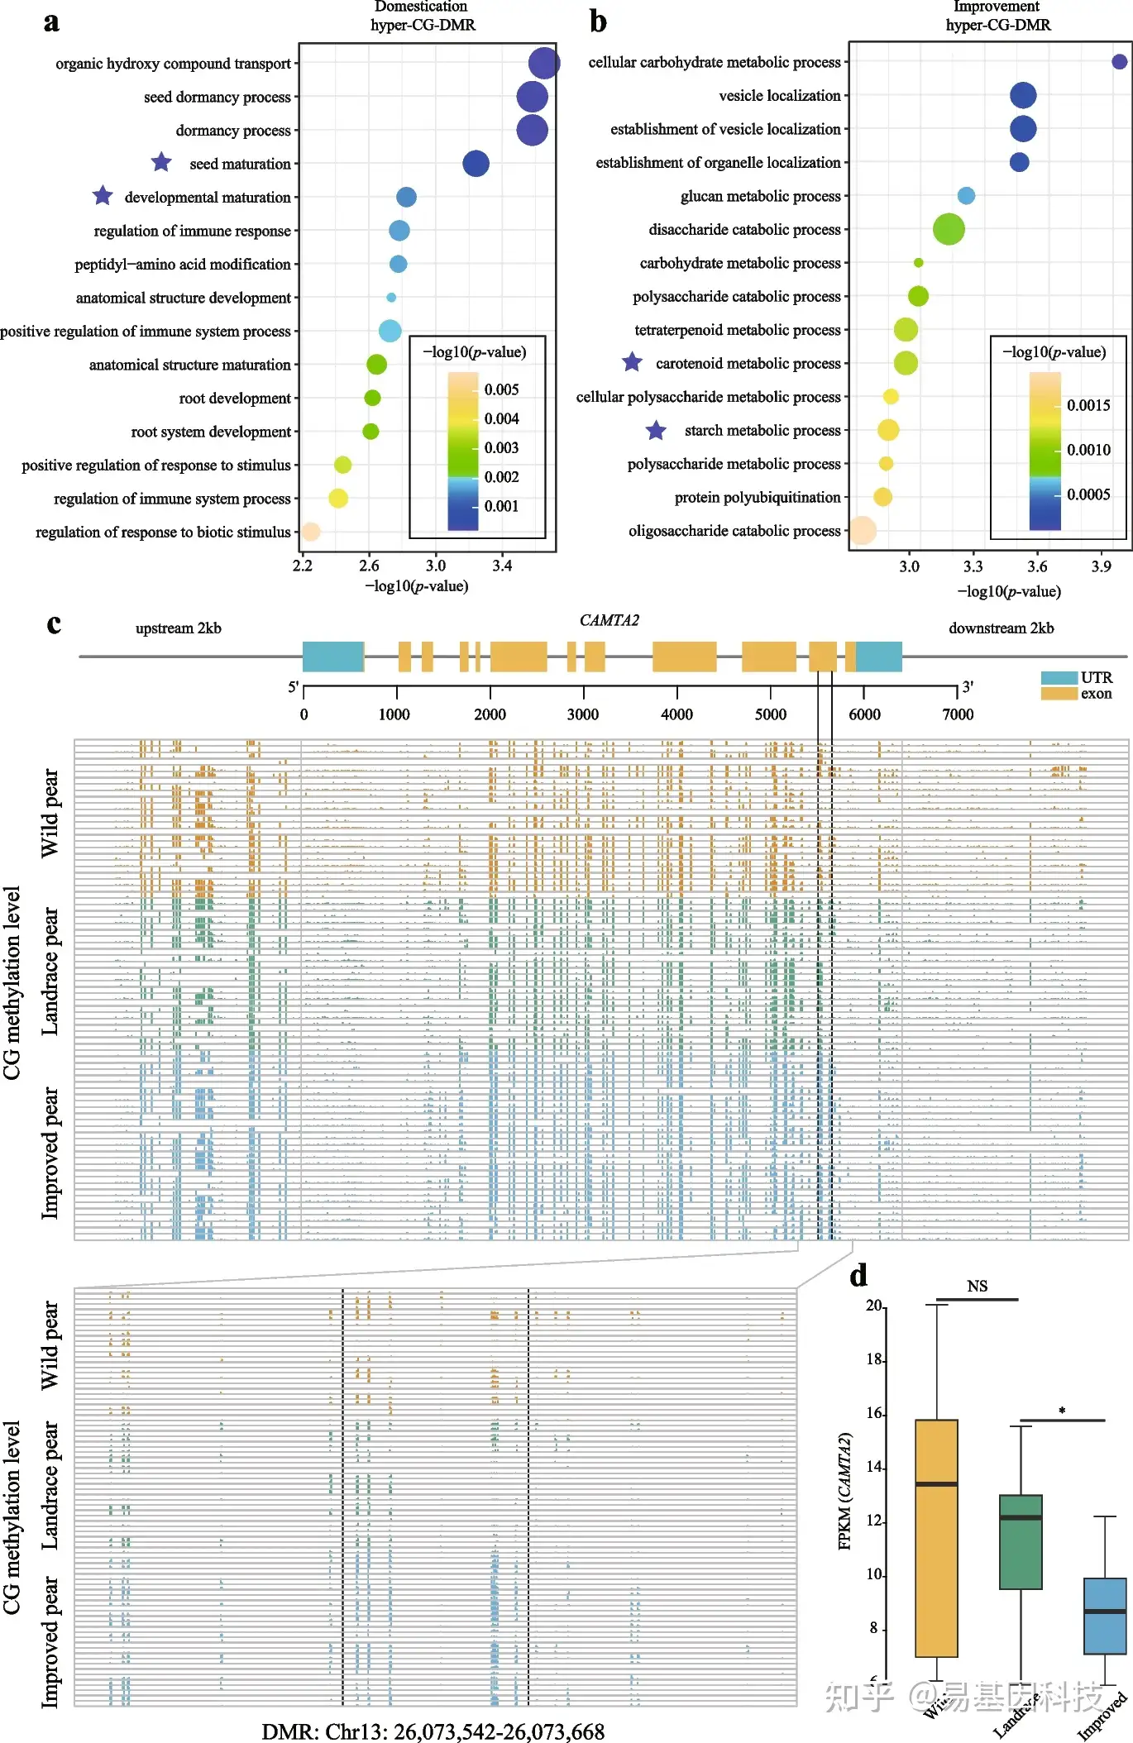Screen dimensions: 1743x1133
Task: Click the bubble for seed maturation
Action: (476, 164)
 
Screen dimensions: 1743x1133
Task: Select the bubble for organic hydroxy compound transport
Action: (543, 63)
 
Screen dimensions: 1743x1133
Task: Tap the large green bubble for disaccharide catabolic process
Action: (949, 229)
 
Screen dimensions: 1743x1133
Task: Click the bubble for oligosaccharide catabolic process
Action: (862, 531)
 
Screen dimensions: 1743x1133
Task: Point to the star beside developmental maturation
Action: (103, 196)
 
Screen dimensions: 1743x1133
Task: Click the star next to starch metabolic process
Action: (656, 430)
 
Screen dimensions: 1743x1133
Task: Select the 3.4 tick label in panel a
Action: (502, 566)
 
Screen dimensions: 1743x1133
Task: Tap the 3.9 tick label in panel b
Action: (1101, 567)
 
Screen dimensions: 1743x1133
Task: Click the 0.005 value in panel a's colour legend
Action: (502, 389)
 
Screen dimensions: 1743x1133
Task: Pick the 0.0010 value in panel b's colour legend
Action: (1088, 450)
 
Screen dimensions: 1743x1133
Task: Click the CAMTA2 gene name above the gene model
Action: (610, 620)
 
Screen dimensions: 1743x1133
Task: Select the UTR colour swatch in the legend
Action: (1059, 678)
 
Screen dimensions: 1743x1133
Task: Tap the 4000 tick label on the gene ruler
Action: (676, 714)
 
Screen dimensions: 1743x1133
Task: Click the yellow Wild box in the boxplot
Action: (936, 1538)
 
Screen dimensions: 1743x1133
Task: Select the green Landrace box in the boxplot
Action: (1021, 1541)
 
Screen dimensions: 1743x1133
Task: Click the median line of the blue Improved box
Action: (1105, 1612)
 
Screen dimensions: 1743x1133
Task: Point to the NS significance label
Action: (977, 1287)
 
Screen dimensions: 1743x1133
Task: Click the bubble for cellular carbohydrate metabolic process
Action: (1119, 62)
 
